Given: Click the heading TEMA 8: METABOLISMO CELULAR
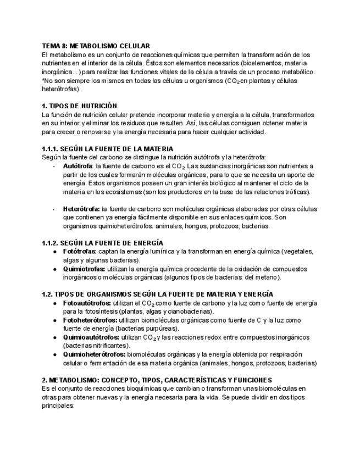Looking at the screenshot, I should point(96,46).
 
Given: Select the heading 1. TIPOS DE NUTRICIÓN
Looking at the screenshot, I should point(79,106).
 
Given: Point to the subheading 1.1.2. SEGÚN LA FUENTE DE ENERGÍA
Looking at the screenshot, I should point(102,243).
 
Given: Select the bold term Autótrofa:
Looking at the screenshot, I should point(78,165).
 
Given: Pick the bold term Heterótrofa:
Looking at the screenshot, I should point(81,209).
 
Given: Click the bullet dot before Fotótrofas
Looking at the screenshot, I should point(55,252).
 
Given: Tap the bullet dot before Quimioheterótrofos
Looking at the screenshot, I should point(55,354).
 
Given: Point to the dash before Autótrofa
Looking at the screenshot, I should point(54,165).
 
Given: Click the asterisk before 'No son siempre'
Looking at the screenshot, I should point(43,81).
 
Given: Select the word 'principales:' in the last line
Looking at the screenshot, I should point(58,406).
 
